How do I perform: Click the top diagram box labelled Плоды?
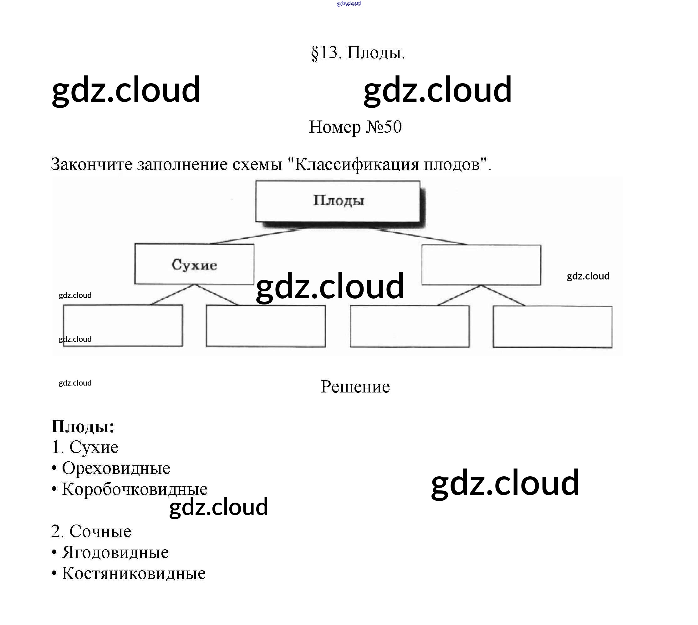[338, 201]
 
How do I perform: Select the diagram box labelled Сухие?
[194, 264]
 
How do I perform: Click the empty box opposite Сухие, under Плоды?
[481, 265]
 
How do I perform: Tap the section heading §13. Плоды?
[358, 53]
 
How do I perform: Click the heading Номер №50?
[355, 127]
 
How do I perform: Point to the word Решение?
[355, 387]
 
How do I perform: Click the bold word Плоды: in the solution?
[82, 427]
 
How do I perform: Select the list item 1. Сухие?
[85, 447]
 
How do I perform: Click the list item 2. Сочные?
[91, 531]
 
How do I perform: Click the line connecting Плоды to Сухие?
[256, 236]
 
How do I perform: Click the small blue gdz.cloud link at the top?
[349, 3]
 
